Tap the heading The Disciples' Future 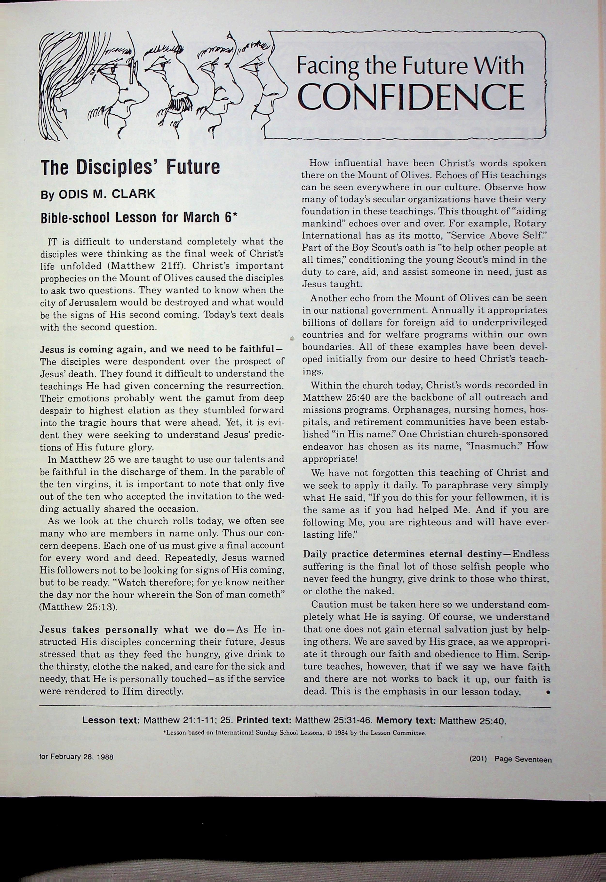click(130, 168)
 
